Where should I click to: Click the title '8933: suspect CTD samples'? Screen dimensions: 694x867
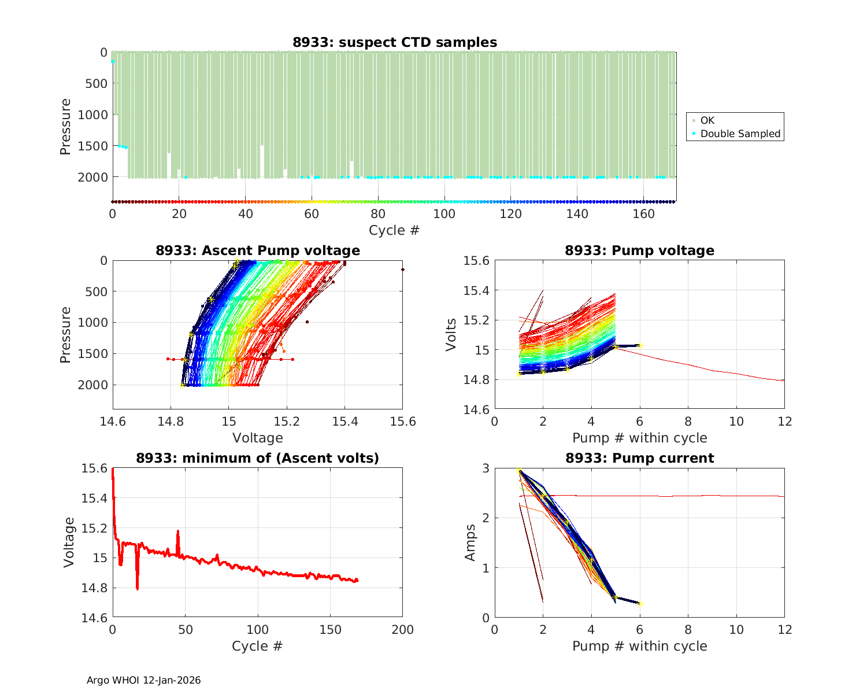[394, 42]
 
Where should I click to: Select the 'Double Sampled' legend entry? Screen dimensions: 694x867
[740, 134]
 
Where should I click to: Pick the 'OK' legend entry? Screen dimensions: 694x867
[707, 120]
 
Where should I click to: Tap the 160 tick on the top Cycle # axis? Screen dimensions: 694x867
[644, 214]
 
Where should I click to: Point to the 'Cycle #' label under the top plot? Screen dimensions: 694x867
[394, 230]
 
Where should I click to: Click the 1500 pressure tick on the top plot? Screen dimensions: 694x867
[92, 146]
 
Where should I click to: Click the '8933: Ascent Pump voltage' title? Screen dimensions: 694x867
[257, 250]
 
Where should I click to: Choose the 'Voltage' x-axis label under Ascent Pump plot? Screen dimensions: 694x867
[257, 438]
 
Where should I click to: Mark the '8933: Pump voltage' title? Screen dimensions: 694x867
[639, 250]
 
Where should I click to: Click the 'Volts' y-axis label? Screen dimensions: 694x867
[451, 335]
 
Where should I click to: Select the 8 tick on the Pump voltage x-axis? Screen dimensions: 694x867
[688, 422]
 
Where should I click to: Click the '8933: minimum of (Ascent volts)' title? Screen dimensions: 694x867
[257, 458]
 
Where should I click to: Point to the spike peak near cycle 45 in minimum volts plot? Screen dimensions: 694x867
[178, 530]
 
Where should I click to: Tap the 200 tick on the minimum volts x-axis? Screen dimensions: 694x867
[402, 630]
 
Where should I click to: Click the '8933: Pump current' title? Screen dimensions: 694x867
[639, 458]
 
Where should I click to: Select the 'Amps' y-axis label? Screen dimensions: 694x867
[471, 542]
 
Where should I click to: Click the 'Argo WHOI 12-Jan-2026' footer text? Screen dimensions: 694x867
[143, 680]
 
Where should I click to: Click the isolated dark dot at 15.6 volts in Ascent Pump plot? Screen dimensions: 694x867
[402, 270]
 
